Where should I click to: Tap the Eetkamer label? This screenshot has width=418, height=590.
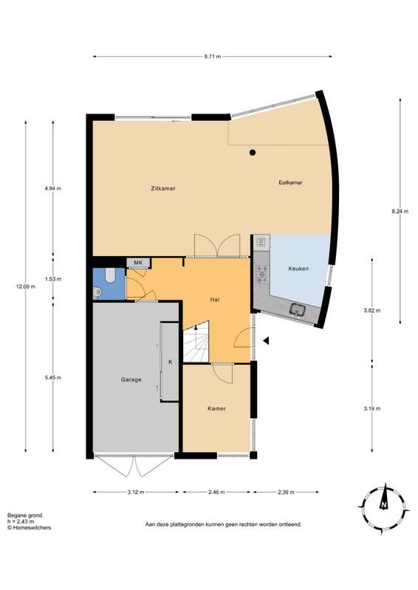pyautogui.click(x=290, y=182)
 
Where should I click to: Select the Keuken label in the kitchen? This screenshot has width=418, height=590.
pyautogui.click(x=299, y=268)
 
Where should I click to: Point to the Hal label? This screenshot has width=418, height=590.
pyautogui.click(x=215, y=299)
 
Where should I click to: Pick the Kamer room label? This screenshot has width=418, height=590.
pyautogui.click(x=216, y=408)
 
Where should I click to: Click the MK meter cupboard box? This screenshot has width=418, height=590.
pyautogui.click(x=137, y=263)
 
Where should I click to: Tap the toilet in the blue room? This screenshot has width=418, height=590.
pyautogui.click(x=109, y=277)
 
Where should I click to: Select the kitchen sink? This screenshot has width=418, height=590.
pyautogui.click(x=298, y=310)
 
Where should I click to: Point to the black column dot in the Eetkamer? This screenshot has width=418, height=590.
pyautogui.click(x=253, y=153)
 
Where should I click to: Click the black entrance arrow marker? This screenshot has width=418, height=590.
pyautogui.click(x=267, y=340)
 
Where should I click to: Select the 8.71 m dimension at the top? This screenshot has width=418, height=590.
pyautogui.click(x=212, y=56)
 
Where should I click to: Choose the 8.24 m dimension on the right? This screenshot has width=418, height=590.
pyautogui.click(x=400, y=211)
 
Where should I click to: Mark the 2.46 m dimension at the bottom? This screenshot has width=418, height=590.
pyautogui.click(x=216, y=492)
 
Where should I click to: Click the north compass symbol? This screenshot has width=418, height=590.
pyautogui.click(x=384, y=505)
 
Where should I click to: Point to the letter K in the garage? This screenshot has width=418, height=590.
pyautogui.click(x=170, y=362)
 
